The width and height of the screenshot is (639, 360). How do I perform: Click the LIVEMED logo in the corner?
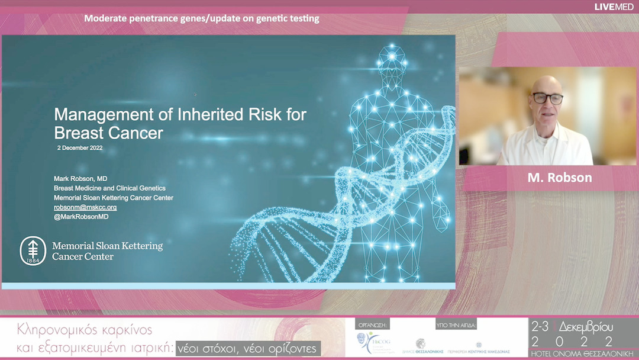pyautogui.click(x=614, y=7)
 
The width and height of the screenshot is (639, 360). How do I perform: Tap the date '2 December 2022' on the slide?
pyautogui.click(x=80, y=147)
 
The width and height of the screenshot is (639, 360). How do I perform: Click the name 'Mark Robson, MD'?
pyautogui.click(x=80, y=178)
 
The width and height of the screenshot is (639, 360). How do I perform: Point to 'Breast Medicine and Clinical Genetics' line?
pyautogui.click(x=109, y=188)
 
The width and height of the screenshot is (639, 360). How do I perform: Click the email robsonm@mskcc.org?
pyautogui.click(x=85, y=207)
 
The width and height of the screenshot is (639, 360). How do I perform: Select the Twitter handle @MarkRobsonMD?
pyautogui.click(x=81, y=217)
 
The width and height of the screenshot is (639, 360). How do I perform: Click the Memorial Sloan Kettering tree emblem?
pyautogui.click(x=33, y=251)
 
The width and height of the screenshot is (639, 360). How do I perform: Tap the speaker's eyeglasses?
pyautogui.click(x=547, y=98)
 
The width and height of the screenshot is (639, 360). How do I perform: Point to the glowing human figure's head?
pyautogui.click(x=390, y=59)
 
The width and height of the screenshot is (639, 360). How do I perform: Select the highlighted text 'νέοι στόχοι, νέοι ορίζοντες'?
pyautogui.click(x=248, y=348)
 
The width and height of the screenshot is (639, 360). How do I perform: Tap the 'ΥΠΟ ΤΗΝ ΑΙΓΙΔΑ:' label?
pyautogui.click(x=456, y=326)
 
